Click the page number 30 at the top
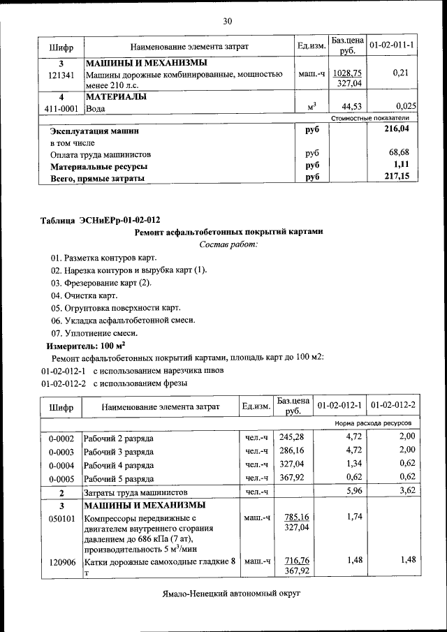coord(227,22)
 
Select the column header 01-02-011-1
coord(392,46)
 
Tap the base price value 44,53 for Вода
coord(347,106)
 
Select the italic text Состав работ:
coord(228,244)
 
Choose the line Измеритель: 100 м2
coord(85,345)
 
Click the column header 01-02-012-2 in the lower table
coord(393,406)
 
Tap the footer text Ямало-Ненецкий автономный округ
coord(228,592)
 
